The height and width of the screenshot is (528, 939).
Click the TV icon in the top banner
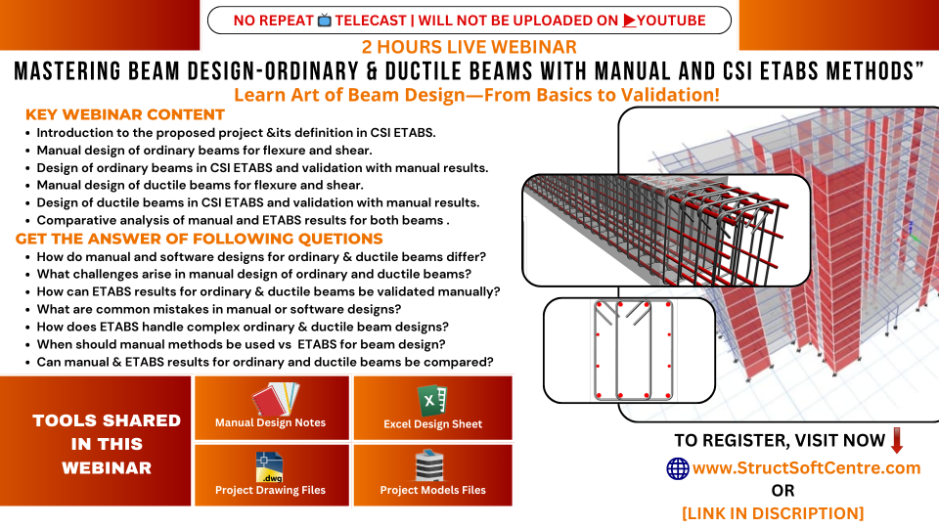point(324,21)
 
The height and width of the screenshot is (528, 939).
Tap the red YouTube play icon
point(629,21)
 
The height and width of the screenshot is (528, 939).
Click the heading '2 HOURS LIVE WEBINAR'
point(469,47)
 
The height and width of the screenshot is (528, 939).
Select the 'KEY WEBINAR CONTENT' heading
point(124,114)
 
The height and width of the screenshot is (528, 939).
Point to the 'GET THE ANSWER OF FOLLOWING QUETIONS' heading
point(199,239)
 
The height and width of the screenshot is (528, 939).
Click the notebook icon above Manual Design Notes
point(276,399)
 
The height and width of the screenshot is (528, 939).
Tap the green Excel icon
point(431,399)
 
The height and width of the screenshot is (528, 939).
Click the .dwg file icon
point(269,467)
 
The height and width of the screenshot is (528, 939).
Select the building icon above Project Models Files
point(429,465)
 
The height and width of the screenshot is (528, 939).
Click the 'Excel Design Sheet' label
point(433,423)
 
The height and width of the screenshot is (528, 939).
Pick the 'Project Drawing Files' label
point(270,490)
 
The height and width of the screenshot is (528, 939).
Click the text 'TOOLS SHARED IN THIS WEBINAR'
point(107,444)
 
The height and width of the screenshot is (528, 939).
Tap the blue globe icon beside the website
point(678,468)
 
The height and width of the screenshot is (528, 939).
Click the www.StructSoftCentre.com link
point(806,467)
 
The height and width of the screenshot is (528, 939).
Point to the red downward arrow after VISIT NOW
point(897,440)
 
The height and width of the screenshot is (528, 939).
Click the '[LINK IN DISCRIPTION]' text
point(773,513)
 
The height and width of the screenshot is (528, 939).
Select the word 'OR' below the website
point(782,490)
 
